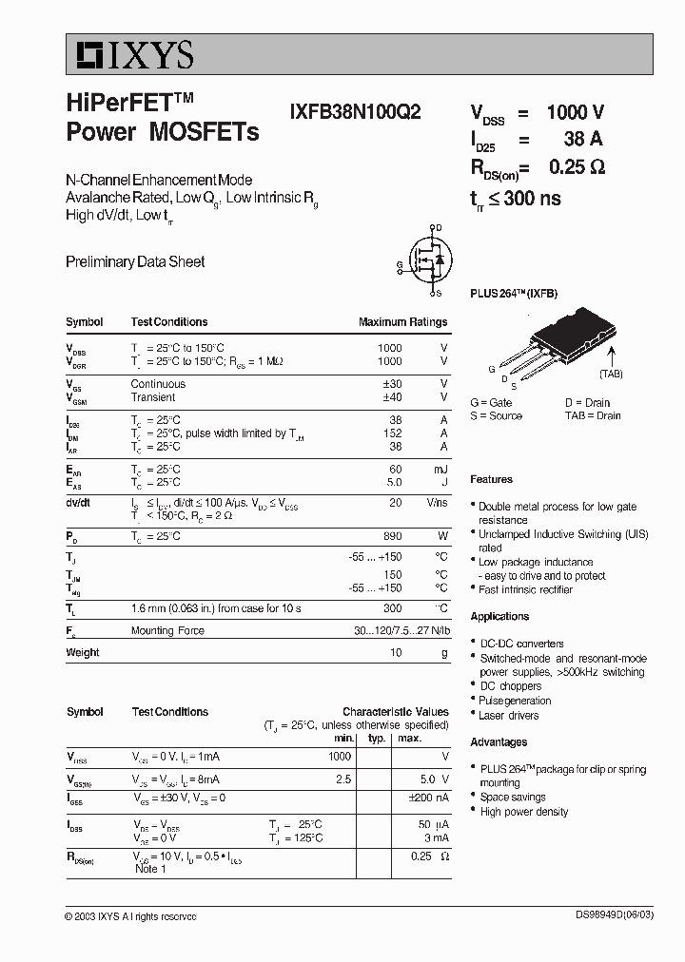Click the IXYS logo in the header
pyautogui.click(x=130, y=55)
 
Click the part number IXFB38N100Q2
pyautogui.click(x=355, y=110)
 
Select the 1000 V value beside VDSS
pyautogui.click(x=575, y=111)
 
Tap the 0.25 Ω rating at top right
pyautogui.click(x=577, y=167)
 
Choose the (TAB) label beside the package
pyautogui.click(x=611, y=374)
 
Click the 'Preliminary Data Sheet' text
pyautogui.click(x=135, y=261)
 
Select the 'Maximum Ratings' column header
pyautogui.click(x=402, y=322)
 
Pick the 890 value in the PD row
pyautogui.click(x=390, y=537)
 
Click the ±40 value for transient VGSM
pyautogui.click(x=391, y=397)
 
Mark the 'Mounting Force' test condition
pyautogui.click(x=167, y=631)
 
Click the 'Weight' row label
pyautogui.click(x=83, y=652)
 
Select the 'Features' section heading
pyautogui.click(x=491, y=479)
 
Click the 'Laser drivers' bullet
pyautogui.click(x=508, y=715)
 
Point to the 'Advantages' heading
pyautogui.click(x=499, y=741)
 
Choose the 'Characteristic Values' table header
pyautogui.click(x=395, y=711)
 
